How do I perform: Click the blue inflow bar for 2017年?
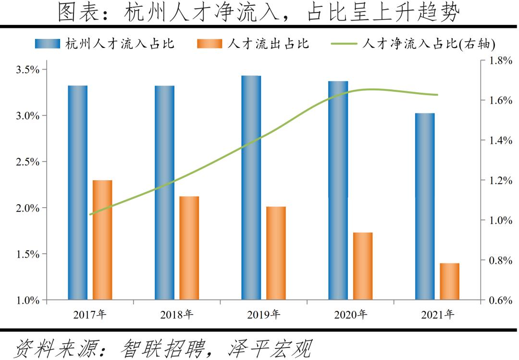[77, 193]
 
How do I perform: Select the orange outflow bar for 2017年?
[102, 240]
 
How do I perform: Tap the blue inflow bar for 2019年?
[251, 188]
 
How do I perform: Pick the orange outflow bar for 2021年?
[449, 282]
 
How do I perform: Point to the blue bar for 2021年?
[425, 207]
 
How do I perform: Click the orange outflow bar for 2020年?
[363, 266]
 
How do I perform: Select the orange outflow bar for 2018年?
[189, 248]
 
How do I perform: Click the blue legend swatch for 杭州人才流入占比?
[48, 44]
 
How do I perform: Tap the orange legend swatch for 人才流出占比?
[210, 44]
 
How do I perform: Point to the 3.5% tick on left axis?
[27, 70]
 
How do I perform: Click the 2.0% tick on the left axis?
[27, 208]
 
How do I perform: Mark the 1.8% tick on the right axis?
[500, 61]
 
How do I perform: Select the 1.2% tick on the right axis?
[500, 181]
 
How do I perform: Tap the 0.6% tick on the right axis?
[500, 300]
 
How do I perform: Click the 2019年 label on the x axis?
[264, 315]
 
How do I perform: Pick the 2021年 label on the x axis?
[437, 315]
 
